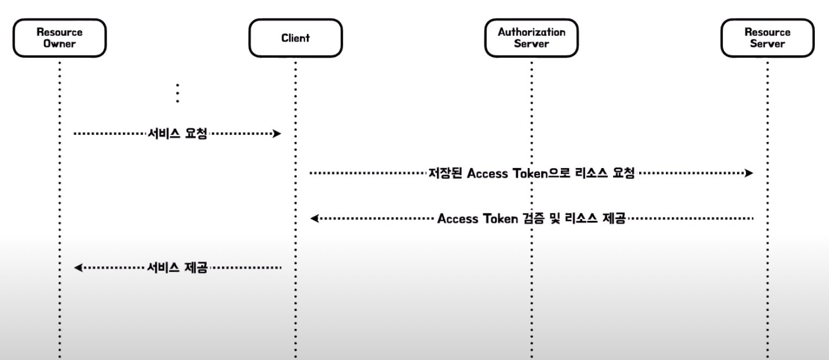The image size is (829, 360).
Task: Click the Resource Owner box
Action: point(60,38)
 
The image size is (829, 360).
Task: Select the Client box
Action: point(295,38)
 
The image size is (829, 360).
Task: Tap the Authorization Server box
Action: point(531,38)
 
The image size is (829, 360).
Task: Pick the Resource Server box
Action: point(767,38)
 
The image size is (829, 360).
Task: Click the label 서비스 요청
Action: point(177,134)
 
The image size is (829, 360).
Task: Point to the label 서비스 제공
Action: point(177,268)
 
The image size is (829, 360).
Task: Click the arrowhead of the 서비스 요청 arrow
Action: point(277,134)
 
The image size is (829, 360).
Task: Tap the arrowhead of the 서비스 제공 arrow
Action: point(78,268)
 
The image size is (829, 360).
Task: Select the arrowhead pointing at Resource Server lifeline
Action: point(748,173)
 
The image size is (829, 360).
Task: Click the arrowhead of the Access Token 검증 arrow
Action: point(314,218)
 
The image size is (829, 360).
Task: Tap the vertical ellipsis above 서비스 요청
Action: point(178,93)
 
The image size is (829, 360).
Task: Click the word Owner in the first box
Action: point(60,44)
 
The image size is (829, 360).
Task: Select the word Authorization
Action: point(531,32)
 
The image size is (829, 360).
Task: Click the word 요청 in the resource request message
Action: point(623,173)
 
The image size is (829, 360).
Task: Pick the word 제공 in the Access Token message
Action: point(614,219)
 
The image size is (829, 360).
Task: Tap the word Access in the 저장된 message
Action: point(487,173)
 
